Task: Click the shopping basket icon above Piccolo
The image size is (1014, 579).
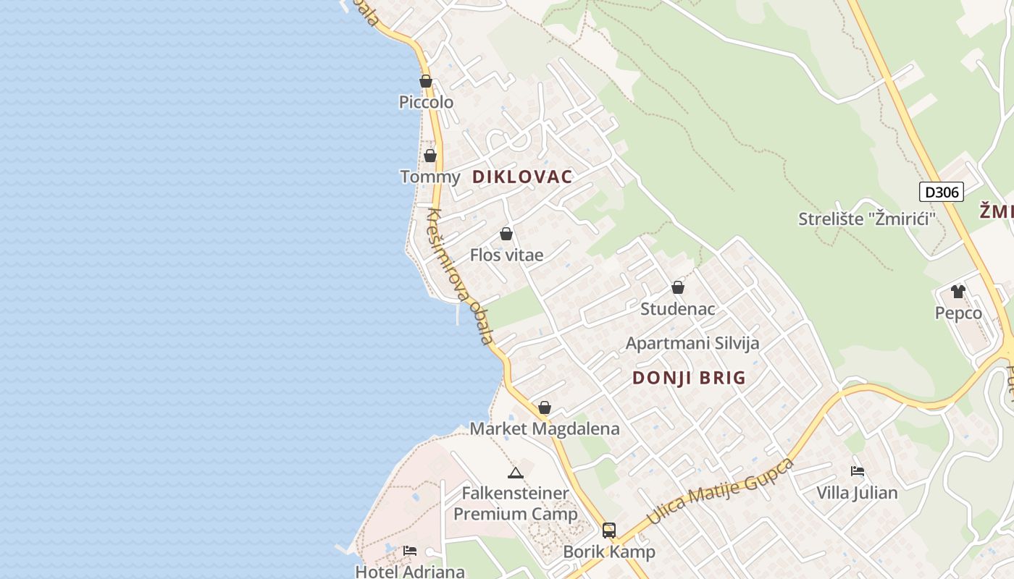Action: coord(426,81)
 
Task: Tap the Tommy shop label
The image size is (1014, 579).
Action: coord(430,177)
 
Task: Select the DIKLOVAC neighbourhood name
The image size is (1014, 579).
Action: coord(522,177)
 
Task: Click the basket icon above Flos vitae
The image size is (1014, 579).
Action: coord(506,234)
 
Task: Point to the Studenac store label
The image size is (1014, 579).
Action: coord(678,309)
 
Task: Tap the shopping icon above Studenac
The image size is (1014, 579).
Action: coord(678,287)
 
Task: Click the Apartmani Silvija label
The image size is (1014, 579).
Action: coord(692,343)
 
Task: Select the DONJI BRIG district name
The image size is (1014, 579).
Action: coord(689,378)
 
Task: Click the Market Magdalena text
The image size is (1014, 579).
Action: coord(545,428)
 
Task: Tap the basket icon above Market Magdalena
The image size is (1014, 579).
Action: coord(545,407)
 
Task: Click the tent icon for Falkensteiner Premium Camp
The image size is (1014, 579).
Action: coord(516,473)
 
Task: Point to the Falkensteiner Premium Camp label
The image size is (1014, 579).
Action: coord(516,504)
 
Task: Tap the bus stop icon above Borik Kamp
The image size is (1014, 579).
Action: coord(609,530)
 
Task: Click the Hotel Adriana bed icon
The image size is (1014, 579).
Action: coord(410,551)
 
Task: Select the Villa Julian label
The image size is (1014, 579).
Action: coord(857,493)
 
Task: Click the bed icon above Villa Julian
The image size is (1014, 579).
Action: coord(858,471)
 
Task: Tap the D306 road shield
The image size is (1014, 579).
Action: coord(942,192)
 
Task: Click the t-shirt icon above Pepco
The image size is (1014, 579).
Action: coord(958,292)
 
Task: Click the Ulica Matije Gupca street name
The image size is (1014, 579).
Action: coord(720,492)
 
